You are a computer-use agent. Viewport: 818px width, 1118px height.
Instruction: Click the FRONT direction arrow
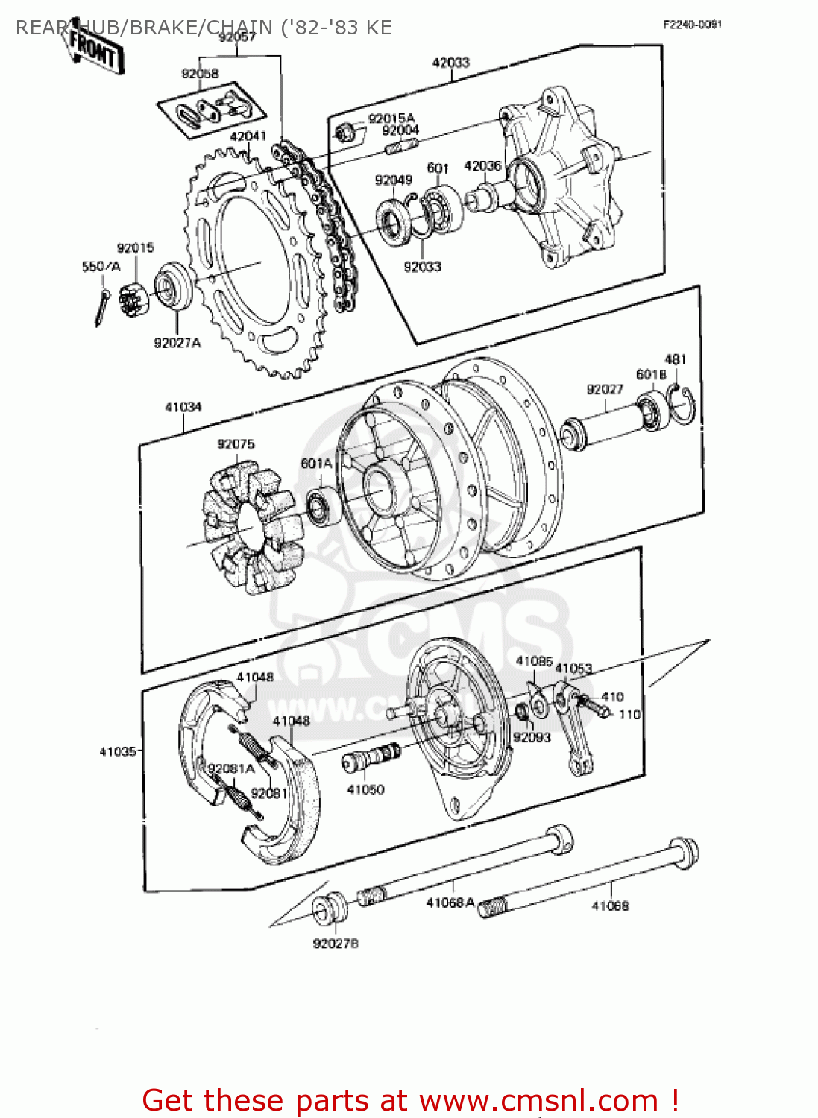tap(94, 49)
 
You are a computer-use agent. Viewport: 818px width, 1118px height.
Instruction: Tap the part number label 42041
tap(248, 136)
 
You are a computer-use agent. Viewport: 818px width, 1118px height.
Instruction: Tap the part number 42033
tap(450, 63)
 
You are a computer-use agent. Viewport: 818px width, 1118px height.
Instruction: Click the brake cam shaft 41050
tap(371, 758)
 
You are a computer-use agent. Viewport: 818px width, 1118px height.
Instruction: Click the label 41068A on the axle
tap(450, 903)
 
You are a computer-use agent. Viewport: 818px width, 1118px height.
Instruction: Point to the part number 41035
tap(118, 751)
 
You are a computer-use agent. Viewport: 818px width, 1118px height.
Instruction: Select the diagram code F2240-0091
tap(692, 25)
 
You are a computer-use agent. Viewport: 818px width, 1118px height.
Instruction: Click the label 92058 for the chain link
tap(200, 73)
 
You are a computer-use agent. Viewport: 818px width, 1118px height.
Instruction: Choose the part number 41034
tap(183, 407)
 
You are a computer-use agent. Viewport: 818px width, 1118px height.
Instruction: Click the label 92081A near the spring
tap(231, 768)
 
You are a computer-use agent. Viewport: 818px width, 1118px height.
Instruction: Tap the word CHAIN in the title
tap(239, 28)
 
